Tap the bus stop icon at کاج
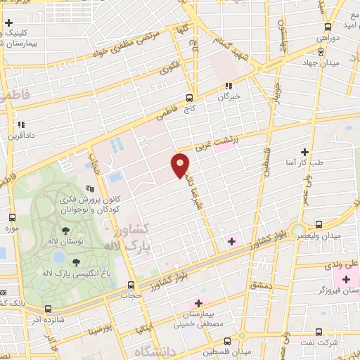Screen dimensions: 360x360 tap(189, 98)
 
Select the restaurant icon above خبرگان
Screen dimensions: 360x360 tap(228, 86)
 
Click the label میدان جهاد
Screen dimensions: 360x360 tap(323, 63)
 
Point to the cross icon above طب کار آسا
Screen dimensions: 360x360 tap(304, 151)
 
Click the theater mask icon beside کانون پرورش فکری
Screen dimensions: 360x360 tap(90, 188)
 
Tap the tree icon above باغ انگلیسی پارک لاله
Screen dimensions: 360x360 tap(75, 262)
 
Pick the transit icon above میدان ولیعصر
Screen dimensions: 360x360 tap(319, 224)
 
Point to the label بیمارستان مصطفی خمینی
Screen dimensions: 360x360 tap(204, 320)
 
